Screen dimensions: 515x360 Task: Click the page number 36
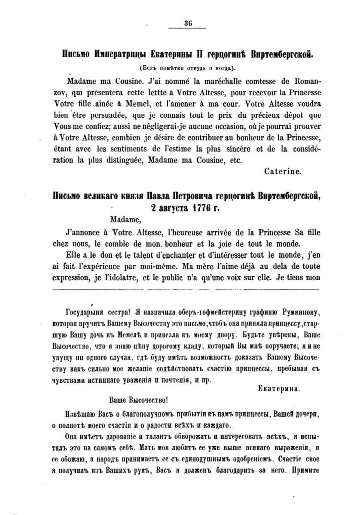(x=188, y=24)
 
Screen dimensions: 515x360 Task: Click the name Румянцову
(x=300, y=311)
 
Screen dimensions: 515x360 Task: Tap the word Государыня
(x=82, y=311)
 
